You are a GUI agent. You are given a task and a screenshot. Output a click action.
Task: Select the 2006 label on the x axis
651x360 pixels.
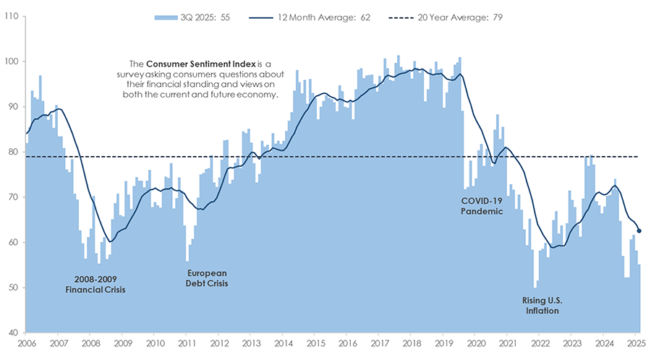(26, 343)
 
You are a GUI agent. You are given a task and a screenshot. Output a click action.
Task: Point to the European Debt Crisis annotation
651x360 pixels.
(207, 279)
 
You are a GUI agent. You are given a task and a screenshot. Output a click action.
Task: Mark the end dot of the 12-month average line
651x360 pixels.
(639, 231)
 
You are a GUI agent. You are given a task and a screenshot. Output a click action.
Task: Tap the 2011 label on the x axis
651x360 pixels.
(187, 343)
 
